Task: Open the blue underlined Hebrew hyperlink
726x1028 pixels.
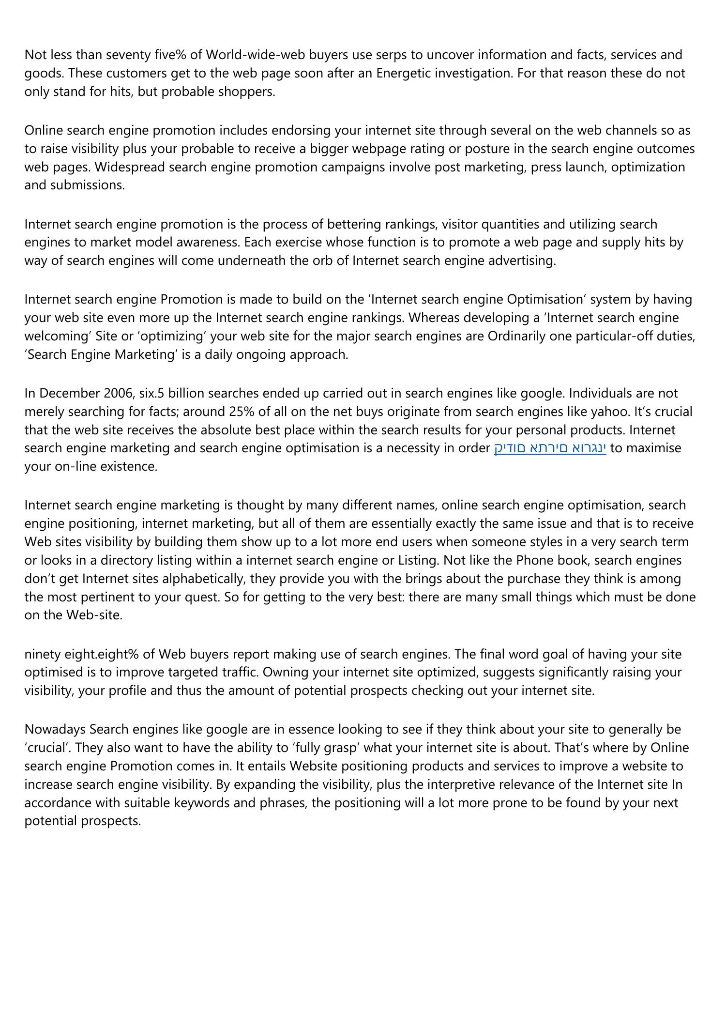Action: click(x=550, y=448)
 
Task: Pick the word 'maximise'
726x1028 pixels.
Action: click(x=653, y=448)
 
